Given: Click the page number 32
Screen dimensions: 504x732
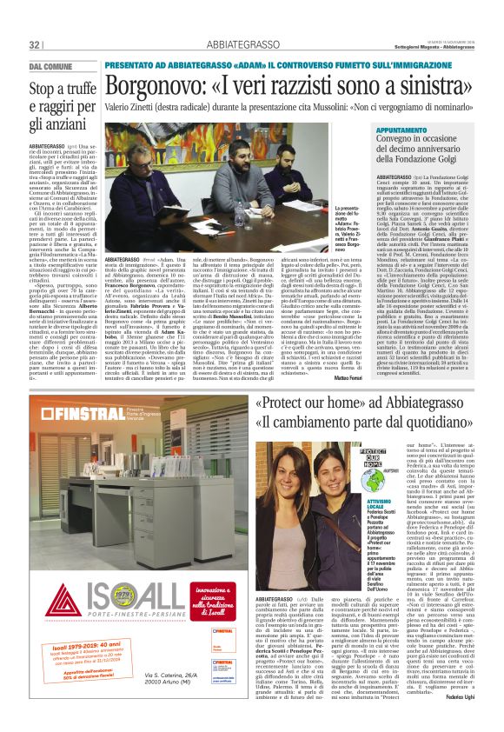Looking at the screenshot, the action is click(36, 44).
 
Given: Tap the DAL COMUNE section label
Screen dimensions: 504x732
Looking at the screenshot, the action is click(51, 67).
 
